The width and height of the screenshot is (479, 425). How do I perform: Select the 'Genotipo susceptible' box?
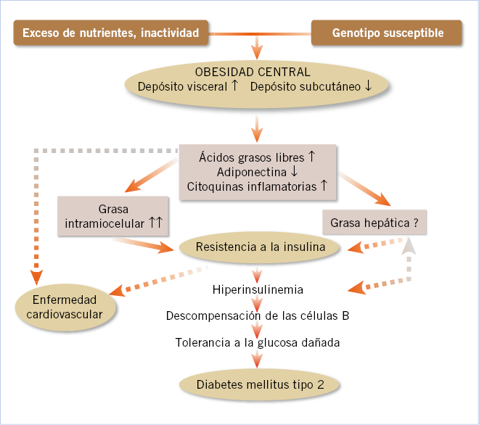click(388, 33)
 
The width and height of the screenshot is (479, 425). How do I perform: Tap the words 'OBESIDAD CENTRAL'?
click(253, 72)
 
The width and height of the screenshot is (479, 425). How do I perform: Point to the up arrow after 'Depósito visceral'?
click(234, 86)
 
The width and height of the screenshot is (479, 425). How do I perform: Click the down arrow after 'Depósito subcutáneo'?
click(369, 86)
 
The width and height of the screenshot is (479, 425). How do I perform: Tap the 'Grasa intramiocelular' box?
click(112, 215)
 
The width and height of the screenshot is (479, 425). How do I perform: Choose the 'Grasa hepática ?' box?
click(374, 223)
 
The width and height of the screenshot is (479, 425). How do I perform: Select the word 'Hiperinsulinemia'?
click(258, 289)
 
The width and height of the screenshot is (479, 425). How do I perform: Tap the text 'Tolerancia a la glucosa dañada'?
click(258, 342)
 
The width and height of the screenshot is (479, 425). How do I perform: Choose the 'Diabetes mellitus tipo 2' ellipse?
click(260, 384)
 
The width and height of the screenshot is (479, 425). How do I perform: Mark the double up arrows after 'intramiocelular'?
click(155, 223)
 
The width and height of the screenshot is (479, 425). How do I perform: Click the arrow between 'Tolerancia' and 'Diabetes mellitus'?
click(256, 359)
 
